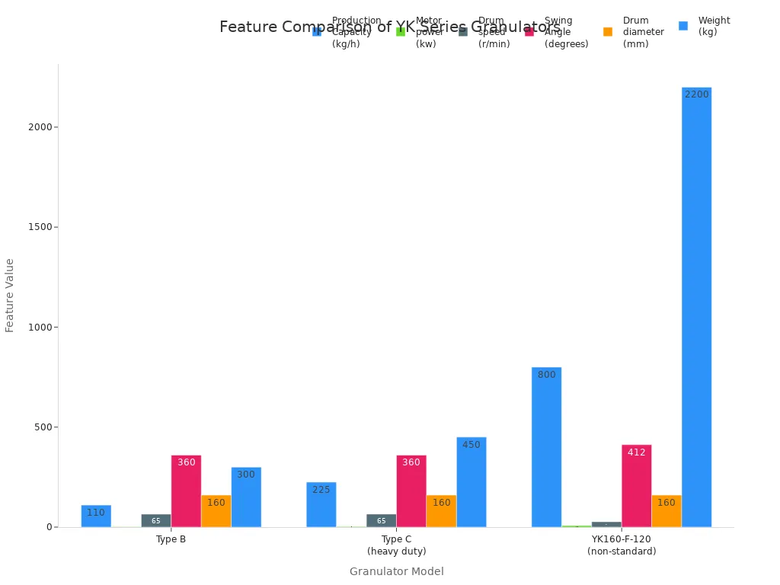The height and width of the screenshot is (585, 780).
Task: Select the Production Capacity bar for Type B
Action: coord(96,516)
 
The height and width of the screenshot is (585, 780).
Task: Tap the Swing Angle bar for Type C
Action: coord(411,491)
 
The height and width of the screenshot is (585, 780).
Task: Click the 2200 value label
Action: coord(696,94)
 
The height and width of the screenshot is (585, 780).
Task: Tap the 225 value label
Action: coord(321,490)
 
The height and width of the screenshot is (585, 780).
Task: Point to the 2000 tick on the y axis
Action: coord(39,127)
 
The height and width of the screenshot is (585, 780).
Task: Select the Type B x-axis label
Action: coord(171,539)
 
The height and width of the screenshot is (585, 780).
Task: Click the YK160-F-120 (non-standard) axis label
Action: coord(622,545)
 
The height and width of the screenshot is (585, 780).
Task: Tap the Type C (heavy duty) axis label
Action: coord(397,545)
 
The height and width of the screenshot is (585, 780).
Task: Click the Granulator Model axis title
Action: coord(396,571)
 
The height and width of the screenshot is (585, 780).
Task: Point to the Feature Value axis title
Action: coord(10,295)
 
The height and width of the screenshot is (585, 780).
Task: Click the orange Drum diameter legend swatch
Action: coord(608,31)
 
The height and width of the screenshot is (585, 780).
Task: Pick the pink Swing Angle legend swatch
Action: coord(529,31)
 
